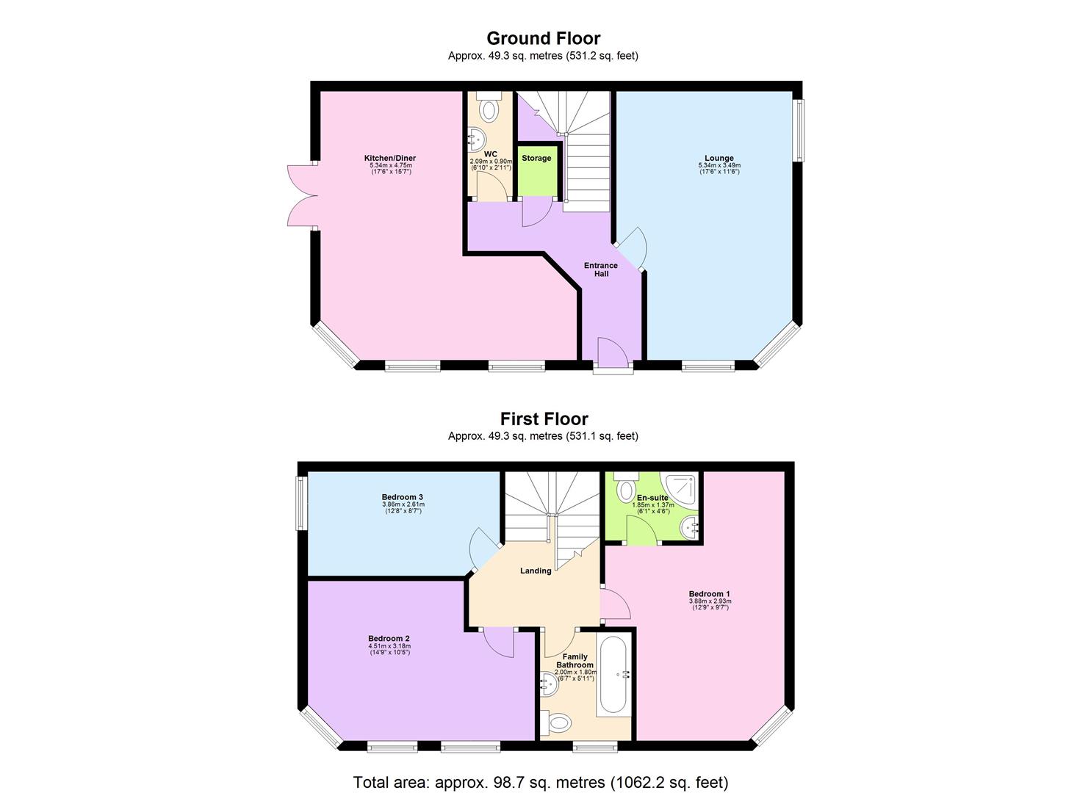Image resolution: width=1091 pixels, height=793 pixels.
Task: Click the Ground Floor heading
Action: click(x=543, y=38)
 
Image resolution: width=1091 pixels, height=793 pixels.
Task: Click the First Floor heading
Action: click(x=544, y=419)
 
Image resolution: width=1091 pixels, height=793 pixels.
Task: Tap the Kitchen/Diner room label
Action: click(x=390, y=159)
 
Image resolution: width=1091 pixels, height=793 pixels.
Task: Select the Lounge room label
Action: click(x=719, y=159)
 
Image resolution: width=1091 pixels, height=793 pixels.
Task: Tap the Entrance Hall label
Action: click(x=600, y=269)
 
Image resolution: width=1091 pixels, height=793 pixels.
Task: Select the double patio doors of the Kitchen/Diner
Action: click(x=301, y=196)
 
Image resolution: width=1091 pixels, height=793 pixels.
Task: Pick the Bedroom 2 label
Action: click(x=389, y=639)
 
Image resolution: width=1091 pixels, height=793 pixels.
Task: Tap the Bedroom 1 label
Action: click(x=709, y=594)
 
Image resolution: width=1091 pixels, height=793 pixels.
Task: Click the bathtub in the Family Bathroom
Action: click(x=612, y=676)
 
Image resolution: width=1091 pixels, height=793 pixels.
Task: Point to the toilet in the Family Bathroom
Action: click(x=558, y=723)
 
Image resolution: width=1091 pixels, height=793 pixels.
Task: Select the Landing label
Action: click(x=536, y=571)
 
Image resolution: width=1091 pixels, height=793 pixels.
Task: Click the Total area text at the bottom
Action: click(x=540, y=782)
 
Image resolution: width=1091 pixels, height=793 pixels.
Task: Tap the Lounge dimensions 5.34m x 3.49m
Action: click(x=719, y=166)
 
